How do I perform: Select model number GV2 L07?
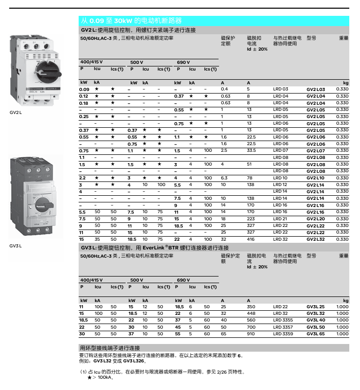click(316, 151)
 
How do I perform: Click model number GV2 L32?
click(316, 239)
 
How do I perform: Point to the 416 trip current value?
click(251, 239)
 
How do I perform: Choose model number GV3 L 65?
click(316, 334)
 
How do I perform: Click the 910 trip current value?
click(251, 334)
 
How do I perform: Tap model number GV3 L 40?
click(316, 320)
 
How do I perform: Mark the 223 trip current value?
click(251, 219)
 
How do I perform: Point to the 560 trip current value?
click(251, 320)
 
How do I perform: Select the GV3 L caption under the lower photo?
click(16, 246)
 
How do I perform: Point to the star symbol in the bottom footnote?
click(90, 378)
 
